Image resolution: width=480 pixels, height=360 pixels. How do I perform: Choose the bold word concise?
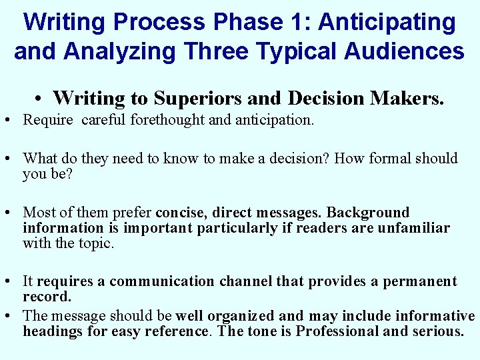[x=182, y=213]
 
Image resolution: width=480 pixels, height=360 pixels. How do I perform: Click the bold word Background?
[x=368, y=213]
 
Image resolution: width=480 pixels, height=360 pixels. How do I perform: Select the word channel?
[x=245, y=281]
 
